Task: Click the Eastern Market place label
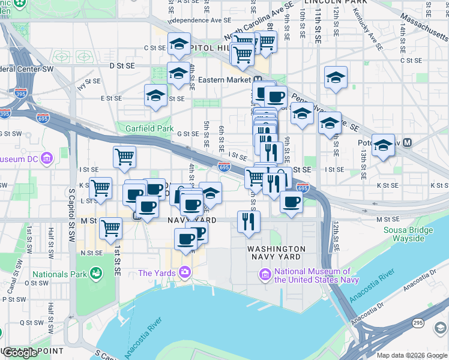click(x=224, y=80)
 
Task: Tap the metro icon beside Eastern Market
click(x=256, y=80)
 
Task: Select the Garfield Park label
click(x=149, y=128)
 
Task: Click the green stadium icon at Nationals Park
click(x=95, y=274)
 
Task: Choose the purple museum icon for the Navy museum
click(x=265, y=275)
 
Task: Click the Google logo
click(x=20, y=353)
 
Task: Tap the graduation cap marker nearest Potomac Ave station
click(x=383, y=146)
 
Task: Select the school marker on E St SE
click(x=156, y=96)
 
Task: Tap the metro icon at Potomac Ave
click(x=408, y=143)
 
